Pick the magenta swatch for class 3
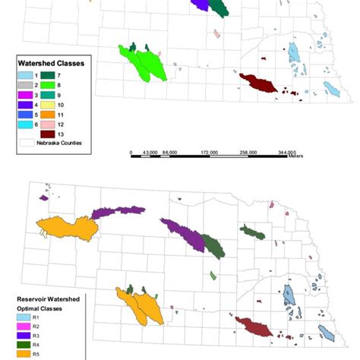coord(25,95)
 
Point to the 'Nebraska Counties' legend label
coord(62,143)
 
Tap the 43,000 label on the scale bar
coord(149,153)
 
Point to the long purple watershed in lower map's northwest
coord(118,212)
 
